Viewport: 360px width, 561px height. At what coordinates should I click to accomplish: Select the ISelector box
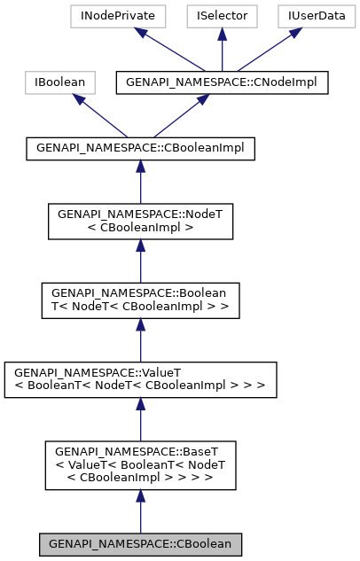tap(223, 15)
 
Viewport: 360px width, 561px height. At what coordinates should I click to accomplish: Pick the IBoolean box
tap(59, 82)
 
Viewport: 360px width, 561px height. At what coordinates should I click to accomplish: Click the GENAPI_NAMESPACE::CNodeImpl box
tap(223, 82)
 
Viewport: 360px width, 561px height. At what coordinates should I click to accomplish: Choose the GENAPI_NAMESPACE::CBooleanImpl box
tap(140, 148)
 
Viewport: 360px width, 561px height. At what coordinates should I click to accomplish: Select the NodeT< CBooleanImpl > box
tap(140, 221)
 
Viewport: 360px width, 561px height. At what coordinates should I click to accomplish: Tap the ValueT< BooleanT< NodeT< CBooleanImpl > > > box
tap(140, 378)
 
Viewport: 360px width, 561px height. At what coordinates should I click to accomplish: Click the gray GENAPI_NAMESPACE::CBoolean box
tap(140, 542)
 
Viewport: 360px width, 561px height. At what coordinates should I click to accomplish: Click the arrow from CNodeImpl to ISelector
tap(223, 49)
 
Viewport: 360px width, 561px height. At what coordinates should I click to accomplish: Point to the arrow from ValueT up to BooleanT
tap(140, 339)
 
